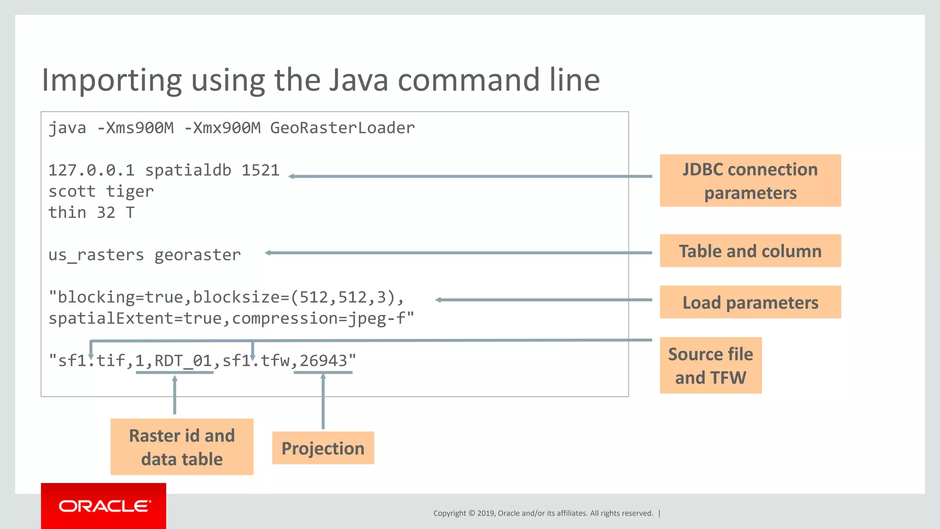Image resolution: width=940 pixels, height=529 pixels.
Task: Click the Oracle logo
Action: (x=104, y=506)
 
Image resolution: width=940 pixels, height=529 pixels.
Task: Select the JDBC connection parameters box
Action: (x=750, y=181)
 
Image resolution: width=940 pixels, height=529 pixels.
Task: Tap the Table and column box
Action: (x=750, y=251)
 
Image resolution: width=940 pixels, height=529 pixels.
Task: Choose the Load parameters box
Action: (x=750, y=303)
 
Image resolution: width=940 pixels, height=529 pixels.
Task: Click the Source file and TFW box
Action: (x=711, y=366)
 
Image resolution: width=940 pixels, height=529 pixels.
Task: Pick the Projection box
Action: (x=323, y=448)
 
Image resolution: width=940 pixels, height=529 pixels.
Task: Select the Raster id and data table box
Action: (x=182, y=447)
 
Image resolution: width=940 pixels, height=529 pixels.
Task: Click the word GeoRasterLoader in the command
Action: (x=342, y=128)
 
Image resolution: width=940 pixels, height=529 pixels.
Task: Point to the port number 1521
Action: (x=260, y=170)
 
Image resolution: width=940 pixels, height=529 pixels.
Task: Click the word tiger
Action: (x=130, y=191)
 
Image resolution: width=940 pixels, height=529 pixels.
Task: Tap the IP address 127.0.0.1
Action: (x=91, y=170)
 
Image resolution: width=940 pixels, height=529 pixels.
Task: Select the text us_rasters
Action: (x=96, y=255)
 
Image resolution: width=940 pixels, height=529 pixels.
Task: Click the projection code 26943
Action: (x=323, y=361)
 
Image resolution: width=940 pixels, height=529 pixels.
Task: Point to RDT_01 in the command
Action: (x=183, y=361)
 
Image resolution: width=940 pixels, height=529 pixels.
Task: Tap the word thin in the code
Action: (x=67, y=213)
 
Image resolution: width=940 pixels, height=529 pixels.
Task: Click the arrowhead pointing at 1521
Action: (x=292, y=176)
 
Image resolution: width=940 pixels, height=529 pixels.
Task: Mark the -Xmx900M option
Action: (x=222, y=128)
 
